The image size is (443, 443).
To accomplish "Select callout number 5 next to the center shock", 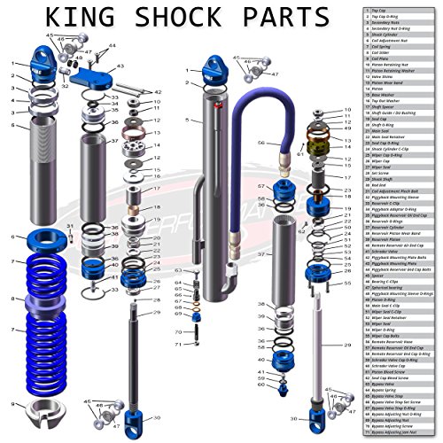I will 187,119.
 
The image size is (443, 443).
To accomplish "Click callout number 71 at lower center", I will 177,344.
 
